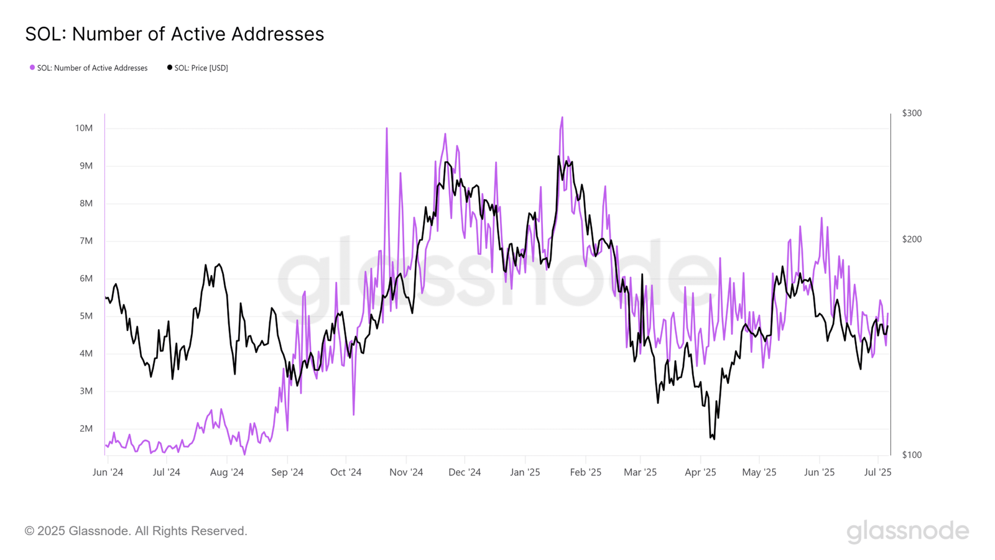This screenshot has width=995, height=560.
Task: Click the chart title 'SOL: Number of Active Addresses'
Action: [174, 34]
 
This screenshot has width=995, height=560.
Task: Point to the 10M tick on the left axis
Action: [83, 128]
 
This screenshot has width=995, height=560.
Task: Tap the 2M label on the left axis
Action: [86, 429]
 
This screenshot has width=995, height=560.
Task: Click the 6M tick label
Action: [86, 279]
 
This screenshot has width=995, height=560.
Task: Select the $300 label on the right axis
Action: [912, 113]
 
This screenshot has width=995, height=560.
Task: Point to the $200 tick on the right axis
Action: [912, 240]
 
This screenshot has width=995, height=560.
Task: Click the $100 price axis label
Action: [912, 455]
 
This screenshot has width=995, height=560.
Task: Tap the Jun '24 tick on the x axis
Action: [108, 472]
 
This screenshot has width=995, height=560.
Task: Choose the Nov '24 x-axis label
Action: [406, 472]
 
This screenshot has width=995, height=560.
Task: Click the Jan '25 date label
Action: [525, 472]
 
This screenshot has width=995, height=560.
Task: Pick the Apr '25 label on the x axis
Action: [700, 472]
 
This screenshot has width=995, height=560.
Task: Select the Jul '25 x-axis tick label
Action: [877, 472]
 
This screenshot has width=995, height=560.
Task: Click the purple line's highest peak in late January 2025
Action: [562, 118]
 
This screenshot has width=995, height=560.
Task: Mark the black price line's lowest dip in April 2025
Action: [713, 439]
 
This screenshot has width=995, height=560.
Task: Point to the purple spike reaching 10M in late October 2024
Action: [387, 129]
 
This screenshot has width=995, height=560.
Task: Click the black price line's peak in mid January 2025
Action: [558, 156]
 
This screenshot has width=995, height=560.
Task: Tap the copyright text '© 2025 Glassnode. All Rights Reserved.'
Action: [136, 531]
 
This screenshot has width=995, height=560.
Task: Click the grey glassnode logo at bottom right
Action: [907, 531]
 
